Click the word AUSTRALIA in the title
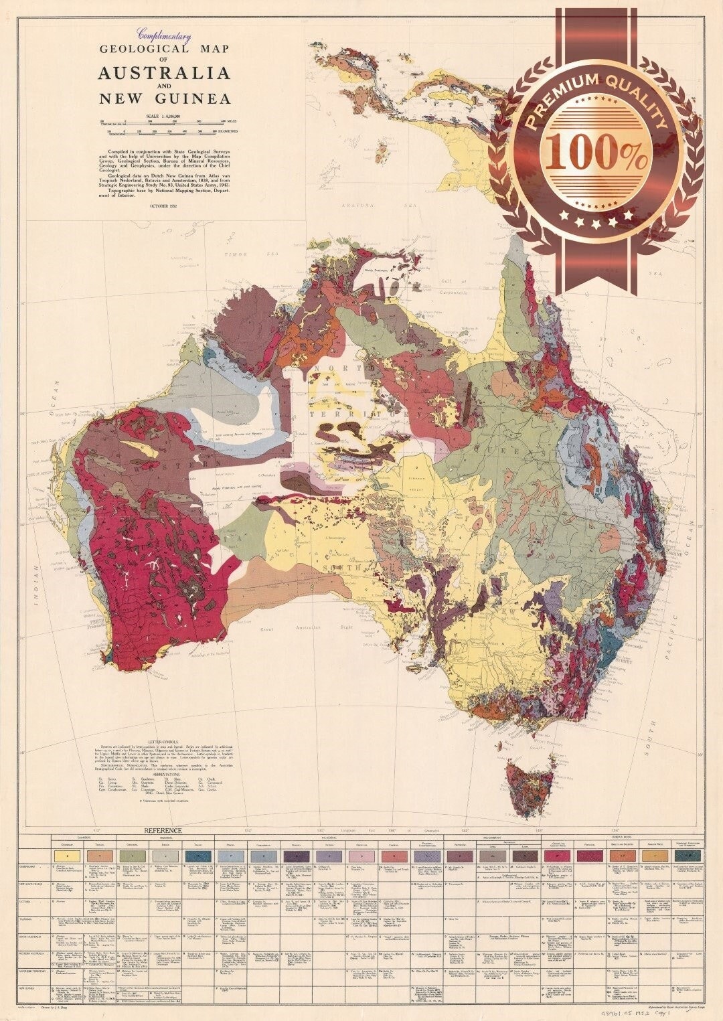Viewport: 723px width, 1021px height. click(164, 73)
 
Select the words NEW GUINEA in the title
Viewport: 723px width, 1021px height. click(164, 99)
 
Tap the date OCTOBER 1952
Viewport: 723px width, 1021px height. click(164, 206)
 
